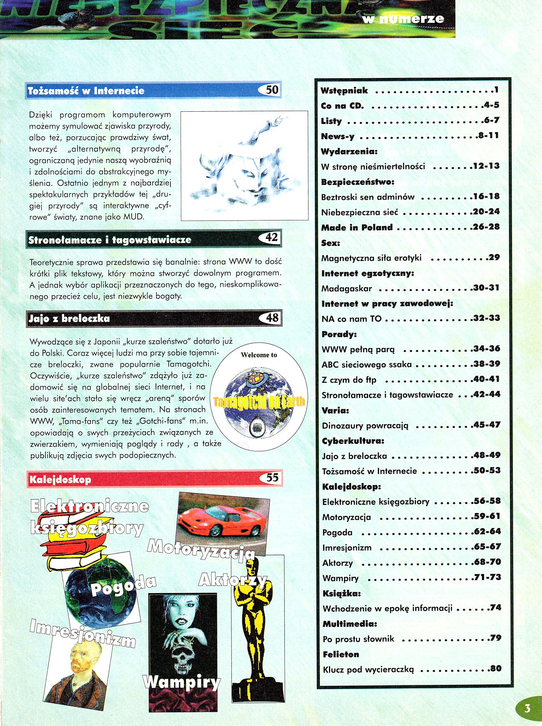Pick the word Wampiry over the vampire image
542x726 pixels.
[x=182, y=682]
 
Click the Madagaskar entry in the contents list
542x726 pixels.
[x=346, y=288]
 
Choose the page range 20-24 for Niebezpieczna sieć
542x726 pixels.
[x=486, y=211]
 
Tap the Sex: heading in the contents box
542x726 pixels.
[x=331, y=243]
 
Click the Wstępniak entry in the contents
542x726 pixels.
[x=344, y=90]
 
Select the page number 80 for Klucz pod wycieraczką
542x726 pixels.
[x=495, y=668]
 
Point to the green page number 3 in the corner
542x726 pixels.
[x=527, y=708]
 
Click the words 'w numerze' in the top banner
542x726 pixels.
[x=403, y=19]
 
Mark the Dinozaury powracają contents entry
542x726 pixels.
[x=365, y=426]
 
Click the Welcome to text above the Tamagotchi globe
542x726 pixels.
[x=259, y=355]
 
